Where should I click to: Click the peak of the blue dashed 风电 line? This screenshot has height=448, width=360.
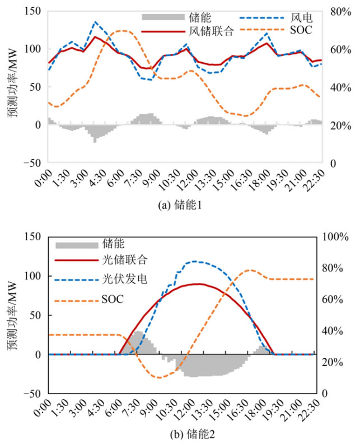95,22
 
